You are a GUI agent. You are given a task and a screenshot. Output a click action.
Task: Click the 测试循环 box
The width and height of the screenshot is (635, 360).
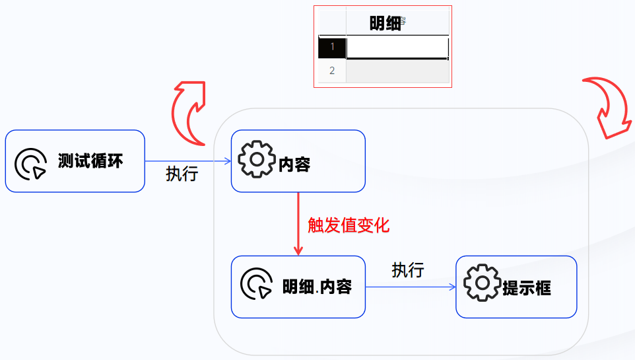point(75,161)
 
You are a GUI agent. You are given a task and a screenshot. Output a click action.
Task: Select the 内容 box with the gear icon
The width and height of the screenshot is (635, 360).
point(298,161)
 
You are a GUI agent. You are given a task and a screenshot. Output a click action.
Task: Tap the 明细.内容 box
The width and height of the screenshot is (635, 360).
point(298,287)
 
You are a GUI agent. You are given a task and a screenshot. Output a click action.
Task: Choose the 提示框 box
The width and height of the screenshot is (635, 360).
point(516,287)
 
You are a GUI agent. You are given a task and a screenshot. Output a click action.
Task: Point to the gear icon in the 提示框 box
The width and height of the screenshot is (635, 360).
point(482,283)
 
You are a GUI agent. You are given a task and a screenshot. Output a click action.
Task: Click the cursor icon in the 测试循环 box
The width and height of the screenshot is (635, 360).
point(30,163)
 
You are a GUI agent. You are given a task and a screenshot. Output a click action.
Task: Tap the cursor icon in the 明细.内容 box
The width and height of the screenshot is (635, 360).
point(256,284)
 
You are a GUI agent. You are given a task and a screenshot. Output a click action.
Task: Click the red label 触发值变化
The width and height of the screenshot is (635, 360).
point(349,225)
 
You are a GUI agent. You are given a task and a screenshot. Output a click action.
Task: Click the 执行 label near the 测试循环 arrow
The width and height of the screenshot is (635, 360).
point(182,174)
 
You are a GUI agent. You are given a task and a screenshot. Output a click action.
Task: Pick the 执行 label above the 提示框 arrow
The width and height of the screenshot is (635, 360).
point(407,270)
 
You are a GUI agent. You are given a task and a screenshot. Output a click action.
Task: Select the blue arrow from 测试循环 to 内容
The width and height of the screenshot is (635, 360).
point(187,161)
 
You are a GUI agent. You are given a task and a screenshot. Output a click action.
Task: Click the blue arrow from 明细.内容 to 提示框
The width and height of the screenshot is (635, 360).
point(411,287)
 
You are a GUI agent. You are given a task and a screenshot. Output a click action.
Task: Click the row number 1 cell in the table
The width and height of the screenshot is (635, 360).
point(332,47)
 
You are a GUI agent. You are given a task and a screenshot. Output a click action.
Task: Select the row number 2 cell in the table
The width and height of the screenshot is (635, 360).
point(332,71)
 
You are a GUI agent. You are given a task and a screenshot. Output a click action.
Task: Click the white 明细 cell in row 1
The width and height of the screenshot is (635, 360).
point(397,47)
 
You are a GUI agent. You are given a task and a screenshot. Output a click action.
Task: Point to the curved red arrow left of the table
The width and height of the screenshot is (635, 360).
point(189,112)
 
